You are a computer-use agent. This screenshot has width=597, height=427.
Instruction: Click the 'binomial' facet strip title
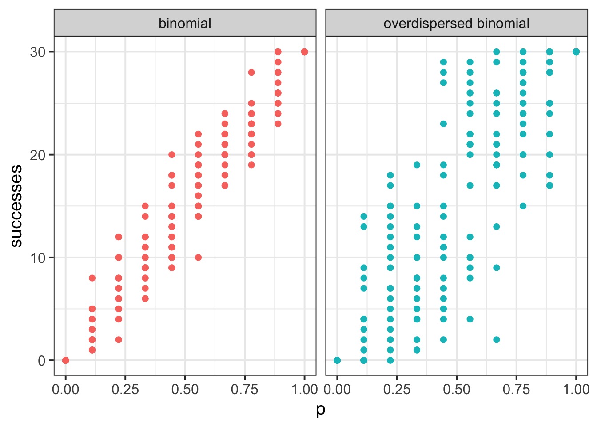185,23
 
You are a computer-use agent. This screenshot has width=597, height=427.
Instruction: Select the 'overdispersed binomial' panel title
456,23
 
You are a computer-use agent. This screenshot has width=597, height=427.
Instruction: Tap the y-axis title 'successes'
16,205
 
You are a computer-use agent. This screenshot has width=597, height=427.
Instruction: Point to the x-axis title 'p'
321,410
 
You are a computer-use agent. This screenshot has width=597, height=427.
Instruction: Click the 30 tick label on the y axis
38,52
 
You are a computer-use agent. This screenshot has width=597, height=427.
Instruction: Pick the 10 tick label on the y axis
38,258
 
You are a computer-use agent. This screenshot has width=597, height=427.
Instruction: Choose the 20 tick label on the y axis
38,155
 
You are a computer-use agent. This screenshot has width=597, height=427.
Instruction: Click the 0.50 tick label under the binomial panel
185,389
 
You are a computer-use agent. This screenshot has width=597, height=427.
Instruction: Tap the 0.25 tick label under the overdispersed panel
397,389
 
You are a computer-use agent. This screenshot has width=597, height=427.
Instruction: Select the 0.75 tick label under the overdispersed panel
516,389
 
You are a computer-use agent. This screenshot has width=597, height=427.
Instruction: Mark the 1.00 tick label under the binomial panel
304,389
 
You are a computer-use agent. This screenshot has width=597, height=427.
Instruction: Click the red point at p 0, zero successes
66,360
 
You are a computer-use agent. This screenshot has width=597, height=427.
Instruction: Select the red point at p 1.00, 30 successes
304,52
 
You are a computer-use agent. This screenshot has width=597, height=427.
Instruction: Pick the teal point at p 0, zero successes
337,360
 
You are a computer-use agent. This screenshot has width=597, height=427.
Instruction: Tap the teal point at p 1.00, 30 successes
576,52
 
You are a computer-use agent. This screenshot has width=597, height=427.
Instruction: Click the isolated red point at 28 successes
251,73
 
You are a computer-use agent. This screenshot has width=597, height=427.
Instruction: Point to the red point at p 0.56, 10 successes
198,258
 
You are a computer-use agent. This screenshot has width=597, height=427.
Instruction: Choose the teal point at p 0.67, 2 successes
497,340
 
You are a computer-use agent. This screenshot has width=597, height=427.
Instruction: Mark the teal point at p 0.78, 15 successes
523,206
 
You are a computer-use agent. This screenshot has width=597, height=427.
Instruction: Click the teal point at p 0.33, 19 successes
417,165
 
